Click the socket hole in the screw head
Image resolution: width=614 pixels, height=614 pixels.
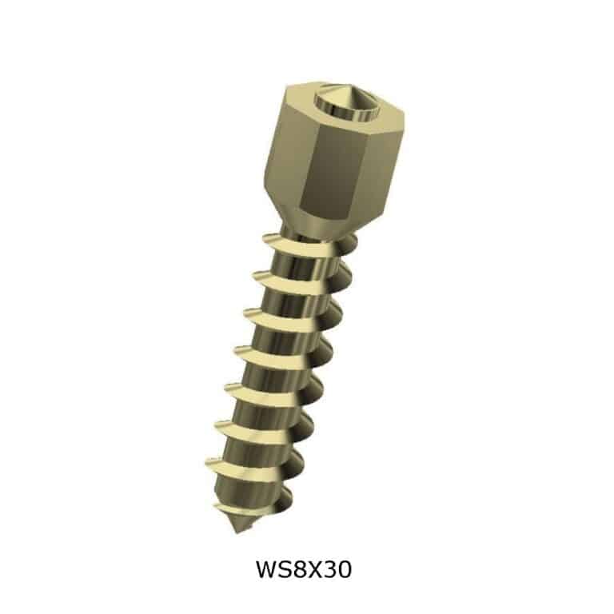coord(340,103)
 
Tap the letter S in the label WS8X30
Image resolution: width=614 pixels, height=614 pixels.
coord(286,570)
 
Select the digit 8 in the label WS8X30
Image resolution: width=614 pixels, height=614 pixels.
coord(301,570)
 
